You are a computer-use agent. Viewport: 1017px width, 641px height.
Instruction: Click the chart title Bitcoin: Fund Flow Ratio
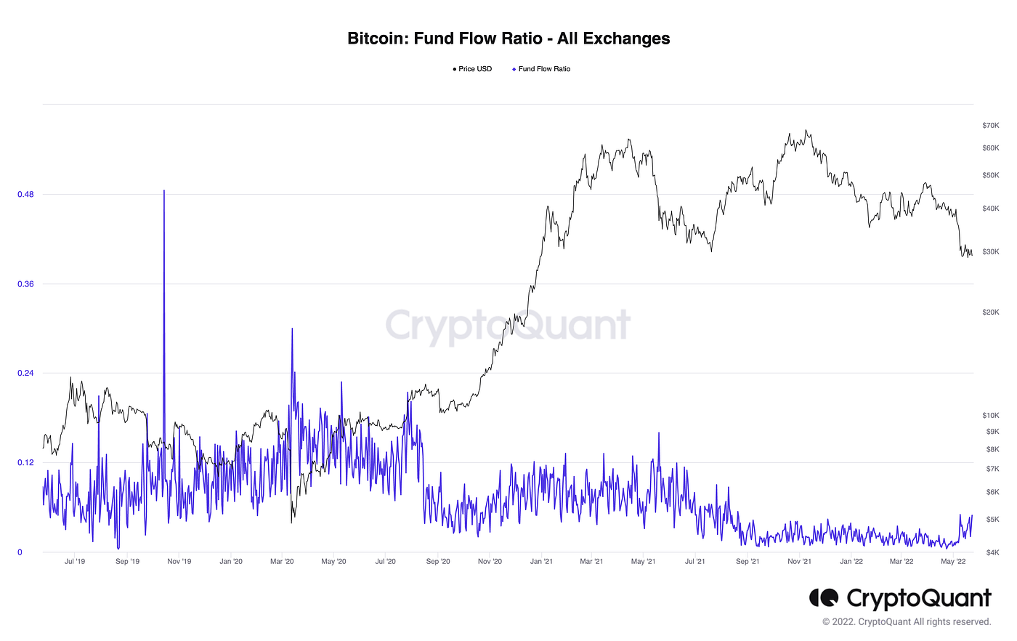508,39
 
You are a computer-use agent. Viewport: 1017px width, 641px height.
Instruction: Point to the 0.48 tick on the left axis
25,195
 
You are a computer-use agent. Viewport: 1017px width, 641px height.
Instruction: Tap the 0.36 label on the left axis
25,284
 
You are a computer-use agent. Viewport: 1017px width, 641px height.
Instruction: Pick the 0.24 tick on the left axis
25,374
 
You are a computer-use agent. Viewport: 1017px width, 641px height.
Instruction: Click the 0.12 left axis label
25,463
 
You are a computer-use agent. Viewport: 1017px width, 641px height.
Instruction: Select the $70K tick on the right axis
990,126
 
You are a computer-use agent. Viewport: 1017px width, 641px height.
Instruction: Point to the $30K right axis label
990,252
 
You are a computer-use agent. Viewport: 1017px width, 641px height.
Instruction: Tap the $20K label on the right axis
990,313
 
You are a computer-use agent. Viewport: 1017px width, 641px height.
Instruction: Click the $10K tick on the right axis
990,416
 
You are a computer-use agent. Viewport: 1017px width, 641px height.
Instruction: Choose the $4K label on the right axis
992,552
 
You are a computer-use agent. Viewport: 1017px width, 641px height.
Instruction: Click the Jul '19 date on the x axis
75,561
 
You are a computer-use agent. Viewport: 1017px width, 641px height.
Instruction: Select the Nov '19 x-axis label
179,561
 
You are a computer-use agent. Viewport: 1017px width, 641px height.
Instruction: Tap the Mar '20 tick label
282,561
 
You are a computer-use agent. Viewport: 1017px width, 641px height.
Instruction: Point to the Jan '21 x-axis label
541,561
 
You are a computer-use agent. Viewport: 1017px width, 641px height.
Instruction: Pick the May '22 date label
953,561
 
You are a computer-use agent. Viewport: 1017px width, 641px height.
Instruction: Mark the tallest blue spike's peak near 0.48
164,191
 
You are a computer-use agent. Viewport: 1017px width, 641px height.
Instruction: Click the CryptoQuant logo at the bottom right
900,598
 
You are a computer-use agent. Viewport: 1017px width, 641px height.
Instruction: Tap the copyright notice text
907,622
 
